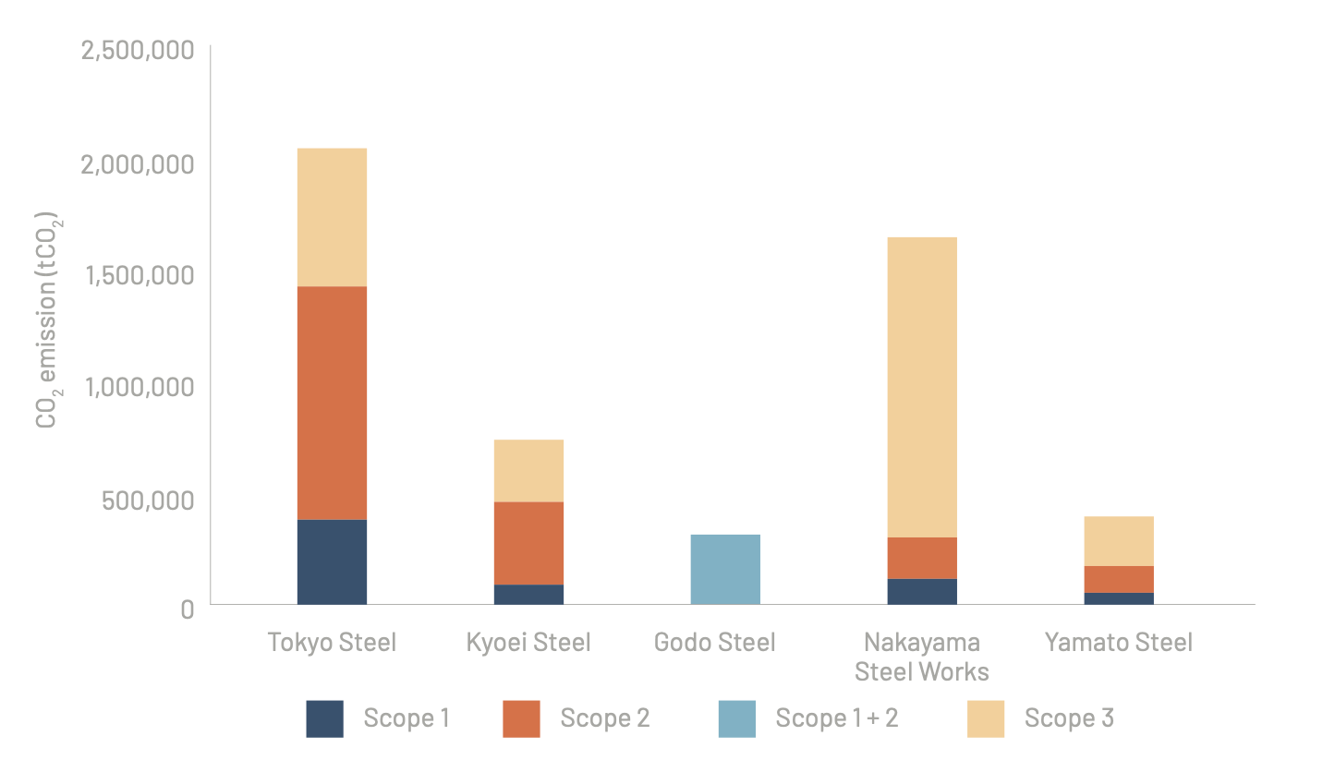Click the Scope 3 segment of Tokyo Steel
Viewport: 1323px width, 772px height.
pyautogui.click(x=332, y=217)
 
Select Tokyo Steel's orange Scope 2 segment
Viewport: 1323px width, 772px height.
pyautogui.click(x=332, y=403)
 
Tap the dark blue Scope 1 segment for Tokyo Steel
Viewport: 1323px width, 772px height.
pyautogui.click(x=332, y=561)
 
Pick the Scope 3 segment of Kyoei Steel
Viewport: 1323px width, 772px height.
pyautogui.click(x=528, y=470)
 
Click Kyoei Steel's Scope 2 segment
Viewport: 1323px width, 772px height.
pyautogui.click(x=528, y=543)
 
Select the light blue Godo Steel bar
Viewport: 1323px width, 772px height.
pyautogui.click(x=725, y=569)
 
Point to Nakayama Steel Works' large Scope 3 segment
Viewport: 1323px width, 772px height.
pyautogui.click(x=922, y=387)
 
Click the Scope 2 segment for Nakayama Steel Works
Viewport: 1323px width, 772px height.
pyautogui.click(x=922, y=558)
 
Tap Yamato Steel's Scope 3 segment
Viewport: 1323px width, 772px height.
pyautogui.click(x=1119, y=540)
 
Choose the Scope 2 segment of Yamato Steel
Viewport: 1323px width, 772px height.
pyautogui.click(x=1119, y=579)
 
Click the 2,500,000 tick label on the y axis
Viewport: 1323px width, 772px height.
pyautogui.click(x=138, y=50)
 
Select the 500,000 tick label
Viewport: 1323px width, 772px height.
pyautogui.click(x=149, y=500)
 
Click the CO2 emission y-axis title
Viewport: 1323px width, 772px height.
pyautogui.click(x=51, y=322)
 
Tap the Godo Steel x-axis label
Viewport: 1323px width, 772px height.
pyautogui.click(x=714, y=642)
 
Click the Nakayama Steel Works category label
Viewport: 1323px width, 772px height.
pyautogui.click(x=922, y=657)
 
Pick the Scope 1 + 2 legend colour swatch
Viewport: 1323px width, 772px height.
pyautogui.click(x=736, y=718)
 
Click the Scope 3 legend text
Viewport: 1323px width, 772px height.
pyautogui.click(x=1069, y=718)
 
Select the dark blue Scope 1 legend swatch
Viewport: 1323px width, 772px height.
pyautogui.click(x=324, y=718)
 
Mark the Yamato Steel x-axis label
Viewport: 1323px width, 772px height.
pyautogui.click(x=1119, y=642)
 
